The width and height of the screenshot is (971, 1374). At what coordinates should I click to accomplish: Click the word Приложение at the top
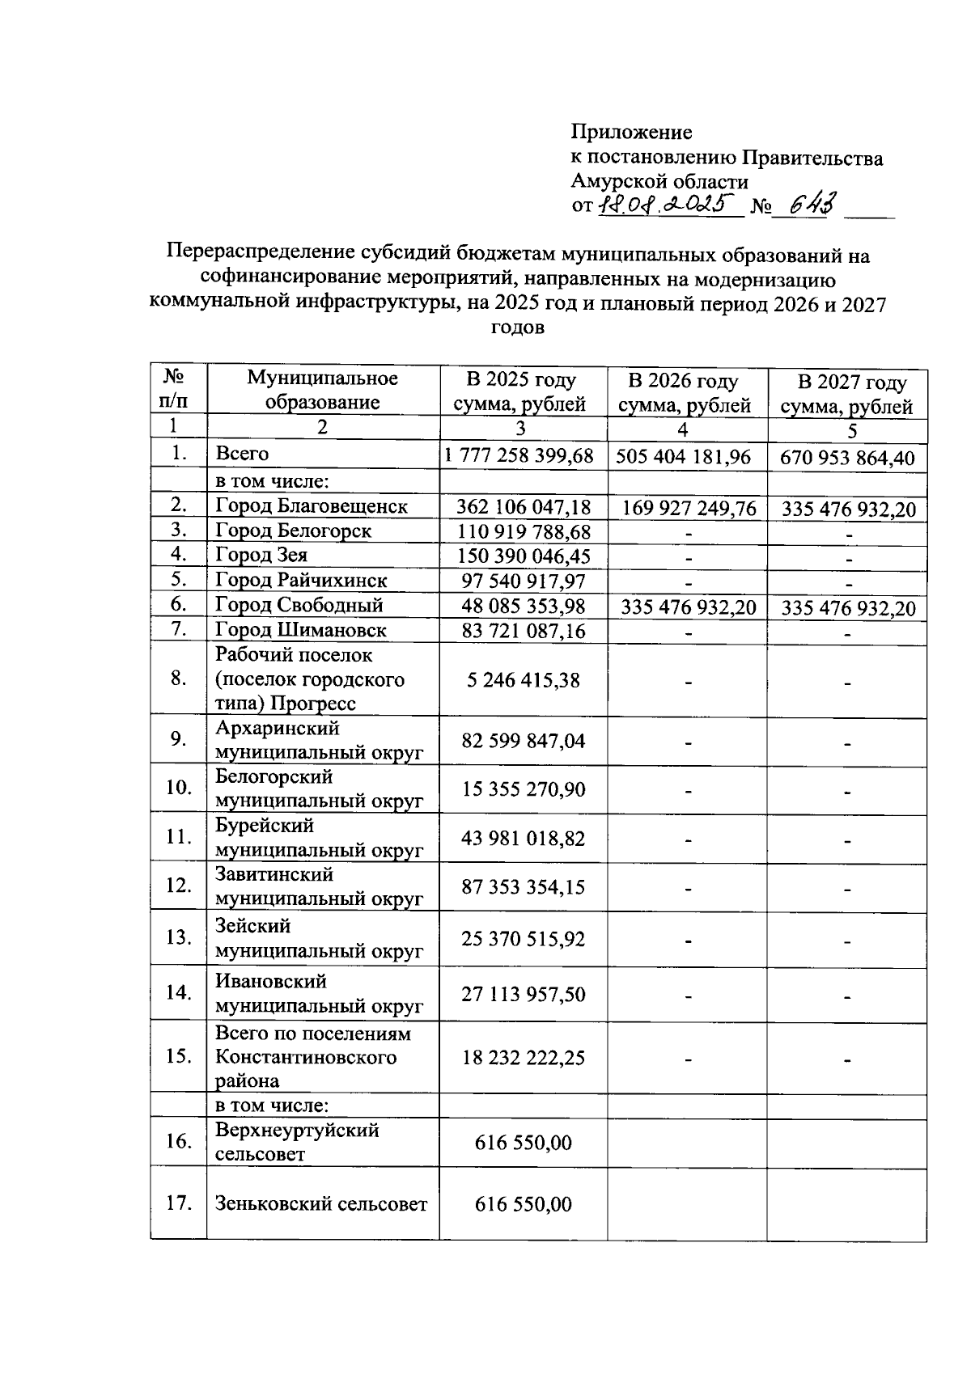(x=631, y=131)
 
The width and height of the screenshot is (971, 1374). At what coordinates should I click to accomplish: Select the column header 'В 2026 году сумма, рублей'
(x=685, y=393)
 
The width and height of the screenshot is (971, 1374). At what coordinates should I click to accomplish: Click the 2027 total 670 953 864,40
(x=847, y=459)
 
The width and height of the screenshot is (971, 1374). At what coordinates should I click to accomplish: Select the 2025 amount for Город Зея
(x=523, y=556)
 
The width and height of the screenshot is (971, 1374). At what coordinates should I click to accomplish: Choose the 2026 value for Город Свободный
(x=689, y=607)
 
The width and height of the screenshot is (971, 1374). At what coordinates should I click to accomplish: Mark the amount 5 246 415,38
(x=523, y=680)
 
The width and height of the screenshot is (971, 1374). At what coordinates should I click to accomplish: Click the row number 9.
(x=179, y=739)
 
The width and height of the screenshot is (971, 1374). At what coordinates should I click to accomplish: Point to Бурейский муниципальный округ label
(x=319, y=838)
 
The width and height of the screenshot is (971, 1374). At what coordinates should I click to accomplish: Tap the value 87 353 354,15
(x=523, y=887)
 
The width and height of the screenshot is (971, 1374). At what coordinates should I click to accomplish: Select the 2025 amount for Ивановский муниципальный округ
(x=523, y=994)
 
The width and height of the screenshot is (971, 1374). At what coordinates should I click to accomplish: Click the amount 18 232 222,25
(x=523, y=1058)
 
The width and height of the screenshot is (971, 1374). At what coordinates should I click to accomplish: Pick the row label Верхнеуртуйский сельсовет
(x=297, y=1142)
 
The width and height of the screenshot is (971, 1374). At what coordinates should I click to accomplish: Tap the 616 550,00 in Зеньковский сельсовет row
(x=523, y=1204)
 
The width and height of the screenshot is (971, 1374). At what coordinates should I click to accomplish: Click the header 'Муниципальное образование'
(x=322, y=390)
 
